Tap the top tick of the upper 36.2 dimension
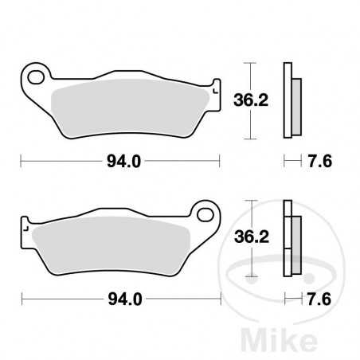[x=252, y=62]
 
